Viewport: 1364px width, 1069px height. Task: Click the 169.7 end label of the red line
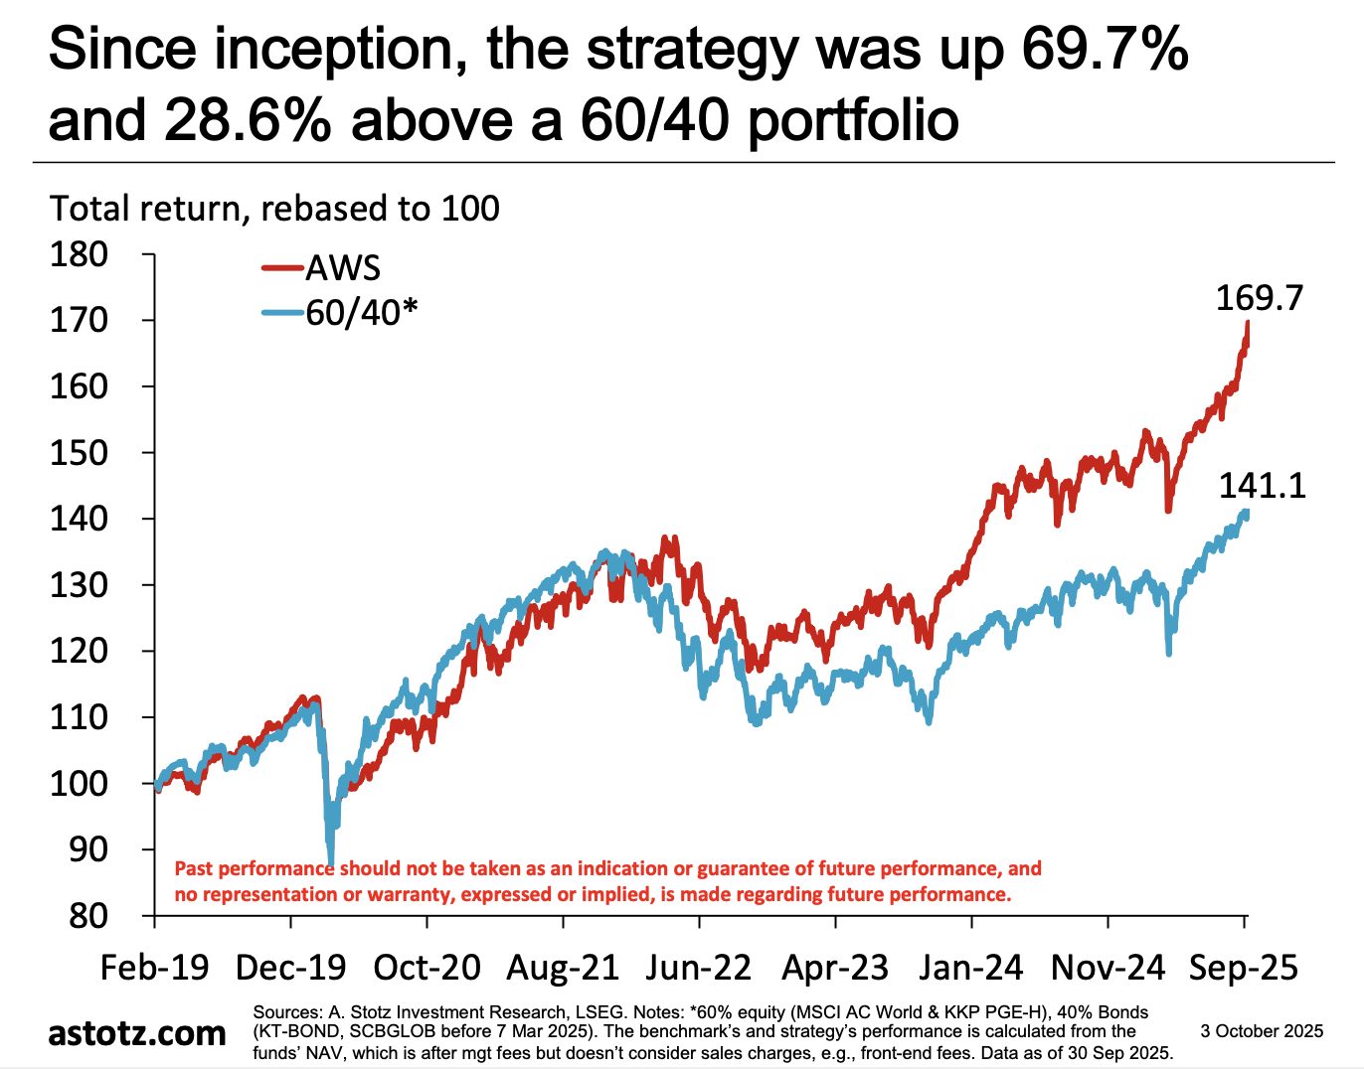click(x=1259, y=298)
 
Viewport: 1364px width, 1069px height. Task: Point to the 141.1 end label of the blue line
click(x=1262, y=486)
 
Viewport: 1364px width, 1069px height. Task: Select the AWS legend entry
click(x=342, y=268)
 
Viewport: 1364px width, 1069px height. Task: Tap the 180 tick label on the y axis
click(x=79, y=254)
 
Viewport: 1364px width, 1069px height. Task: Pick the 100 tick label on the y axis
click(x=79, y=783)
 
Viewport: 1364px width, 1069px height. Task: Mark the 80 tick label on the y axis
click(x=87, y=915)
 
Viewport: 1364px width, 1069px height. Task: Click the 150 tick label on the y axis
click(x=79, y=452)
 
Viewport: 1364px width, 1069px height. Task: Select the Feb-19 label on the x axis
click(x=154, y=968)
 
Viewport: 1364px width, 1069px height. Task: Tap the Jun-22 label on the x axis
click(x=699, y=968)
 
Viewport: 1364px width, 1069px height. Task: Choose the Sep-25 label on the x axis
click(x=1244, y=968)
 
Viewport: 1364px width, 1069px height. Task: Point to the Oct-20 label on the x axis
click(x=426, y=968)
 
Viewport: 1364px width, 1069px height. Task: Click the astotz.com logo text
click(x=137, y=1033)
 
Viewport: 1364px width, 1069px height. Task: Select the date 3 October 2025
click(x=1262, y=1031)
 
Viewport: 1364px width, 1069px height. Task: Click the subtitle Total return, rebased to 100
click(x=274, y=209)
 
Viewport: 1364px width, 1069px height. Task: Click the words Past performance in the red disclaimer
click(x=254, y=868)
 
